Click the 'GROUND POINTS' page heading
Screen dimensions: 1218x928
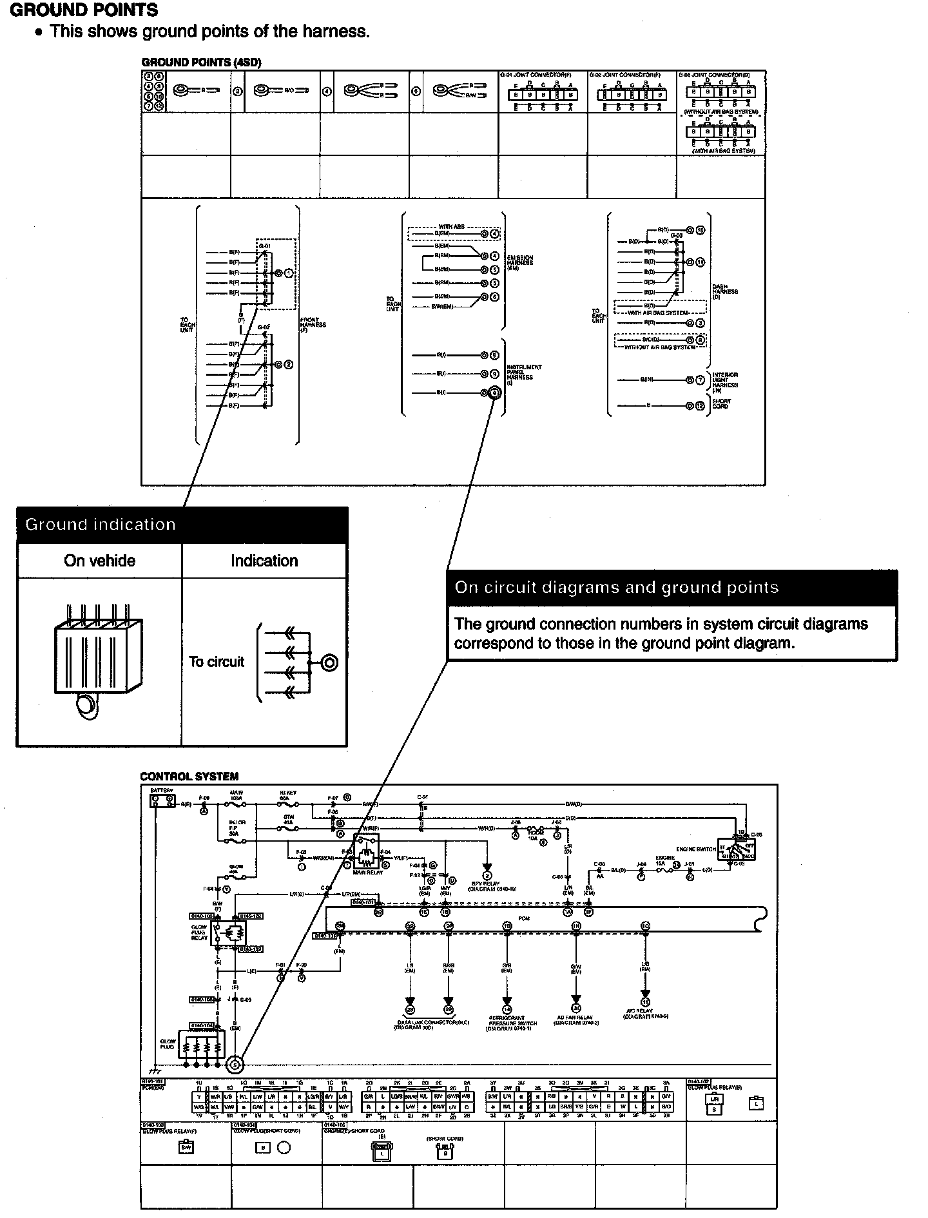pyautogui.click(x=84, y=10)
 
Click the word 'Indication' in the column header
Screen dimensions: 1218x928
pyautogui.click(x=264, y=561)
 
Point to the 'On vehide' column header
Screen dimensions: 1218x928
pyautogui.click(x=99, y=561)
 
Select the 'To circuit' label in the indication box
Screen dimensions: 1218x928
pyautogui.click(x=217, y=662)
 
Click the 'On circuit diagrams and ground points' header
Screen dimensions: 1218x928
pyautogui.click(x=617, y=587)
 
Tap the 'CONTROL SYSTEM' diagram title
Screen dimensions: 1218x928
pyautogui.click(x=189, y=777)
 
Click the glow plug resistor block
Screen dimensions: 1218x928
pyautogui.click(x=202, y=1049)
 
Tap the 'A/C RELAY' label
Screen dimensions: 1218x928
pyautogui.click(x=639, y=1011)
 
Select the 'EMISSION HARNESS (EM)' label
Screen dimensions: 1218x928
pyautogui.click(x=520, y=262)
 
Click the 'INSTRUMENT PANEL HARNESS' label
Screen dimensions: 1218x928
pyautogui.click(x=524, y=374)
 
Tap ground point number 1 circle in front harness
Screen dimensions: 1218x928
pyautogui.click(x=288, y=273)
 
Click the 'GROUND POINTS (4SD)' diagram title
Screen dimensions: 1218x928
pyautogui.click(x=201, y=63)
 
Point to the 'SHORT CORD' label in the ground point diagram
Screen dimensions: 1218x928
pyautogui.click(x=721, y=404)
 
